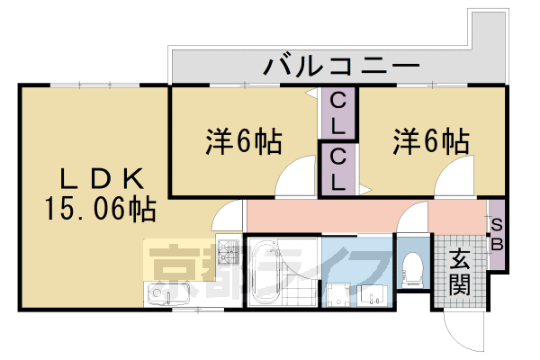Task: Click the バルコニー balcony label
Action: click(x=342, y=66)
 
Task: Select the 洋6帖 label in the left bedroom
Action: click(x=244, y=140)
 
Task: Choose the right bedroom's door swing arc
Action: click(x=452, y=181)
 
